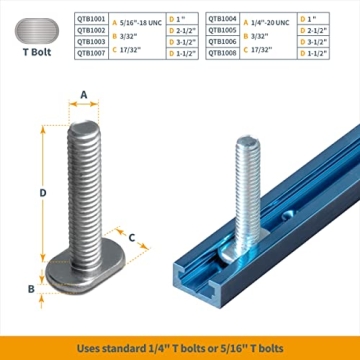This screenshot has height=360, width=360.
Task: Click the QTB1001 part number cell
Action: click(92, 19)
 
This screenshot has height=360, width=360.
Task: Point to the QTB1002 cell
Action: click(92, 31)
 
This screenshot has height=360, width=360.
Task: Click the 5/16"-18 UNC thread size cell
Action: click(139, 19)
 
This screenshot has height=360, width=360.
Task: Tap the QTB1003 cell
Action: click(92, 42)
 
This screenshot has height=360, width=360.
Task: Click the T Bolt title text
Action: click(39, 57)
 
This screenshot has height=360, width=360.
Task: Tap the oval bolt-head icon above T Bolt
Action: click(39, 29)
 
